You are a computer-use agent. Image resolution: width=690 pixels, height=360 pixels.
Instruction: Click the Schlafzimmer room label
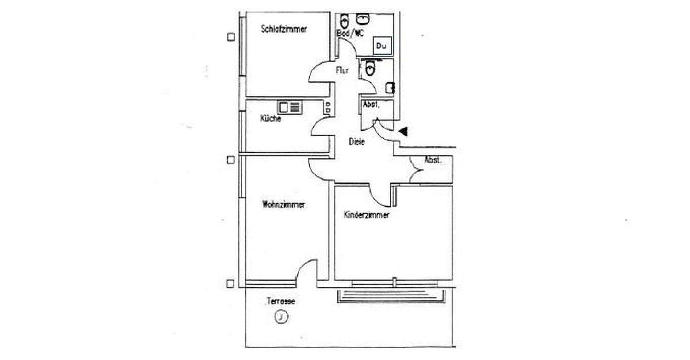284,29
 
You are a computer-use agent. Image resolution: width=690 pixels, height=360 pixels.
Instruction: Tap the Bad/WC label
351,33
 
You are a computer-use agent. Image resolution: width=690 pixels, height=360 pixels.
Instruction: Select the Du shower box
381,46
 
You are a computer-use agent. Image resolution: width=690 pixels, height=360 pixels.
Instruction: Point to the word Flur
342,70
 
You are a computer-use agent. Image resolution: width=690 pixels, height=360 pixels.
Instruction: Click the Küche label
270,119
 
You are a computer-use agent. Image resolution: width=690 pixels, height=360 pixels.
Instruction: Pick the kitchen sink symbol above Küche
289,107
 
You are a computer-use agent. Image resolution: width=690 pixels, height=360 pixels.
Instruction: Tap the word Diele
356,142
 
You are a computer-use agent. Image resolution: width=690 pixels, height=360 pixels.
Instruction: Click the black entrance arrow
403,130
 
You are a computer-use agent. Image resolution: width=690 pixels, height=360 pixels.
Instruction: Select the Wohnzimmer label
283,205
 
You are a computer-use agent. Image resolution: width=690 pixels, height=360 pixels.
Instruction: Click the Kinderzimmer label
366,215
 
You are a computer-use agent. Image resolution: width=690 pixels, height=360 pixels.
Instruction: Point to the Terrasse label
281,302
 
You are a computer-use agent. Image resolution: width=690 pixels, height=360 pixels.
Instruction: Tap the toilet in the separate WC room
369,69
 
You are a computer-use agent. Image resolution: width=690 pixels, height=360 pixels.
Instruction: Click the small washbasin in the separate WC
391,88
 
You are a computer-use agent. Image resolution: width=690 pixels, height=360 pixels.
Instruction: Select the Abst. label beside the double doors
432,161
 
